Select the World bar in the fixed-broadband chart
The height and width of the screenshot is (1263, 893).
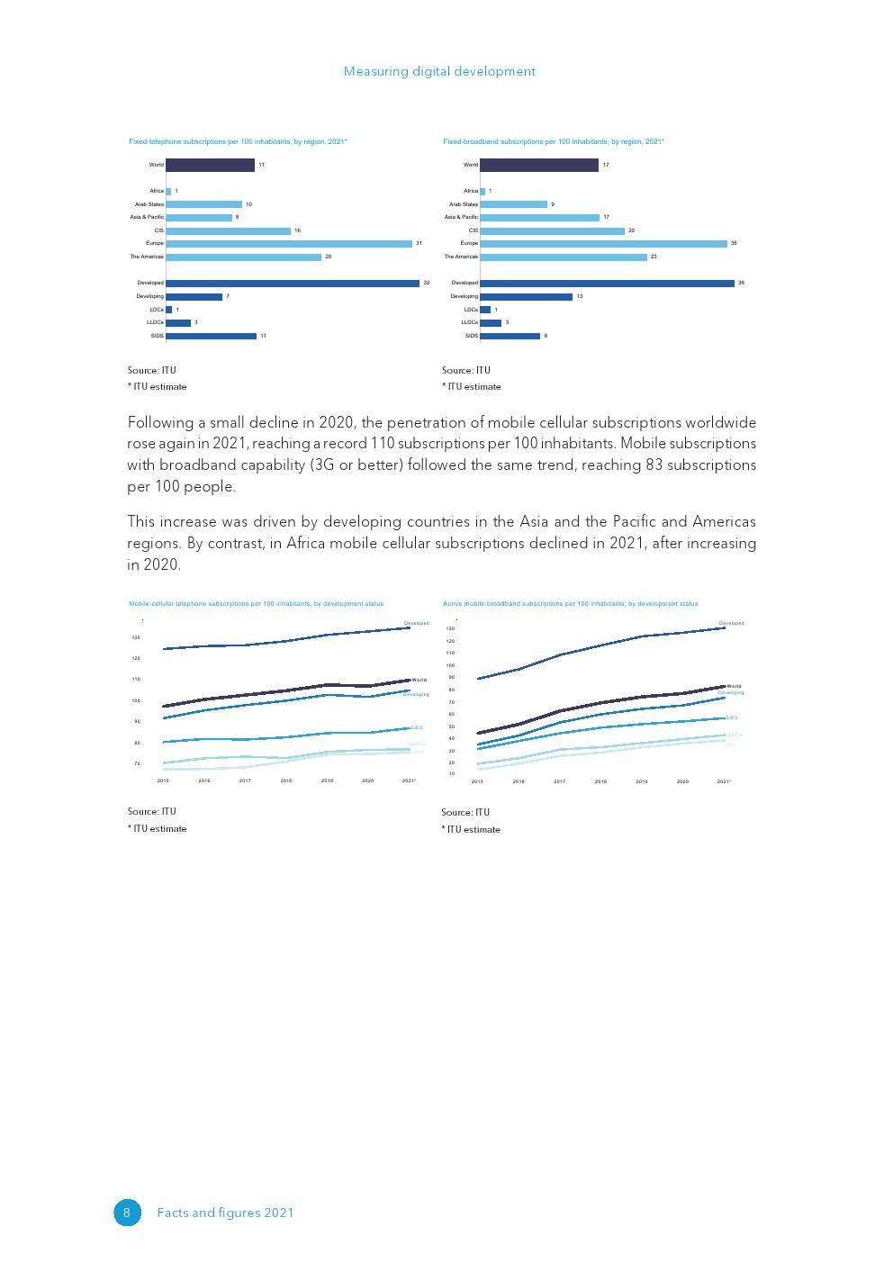click(538, 165)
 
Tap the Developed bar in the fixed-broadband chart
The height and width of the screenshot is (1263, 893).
click(607, 283)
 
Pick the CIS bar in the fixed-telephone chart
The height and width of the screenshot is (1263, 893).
click(228, 230)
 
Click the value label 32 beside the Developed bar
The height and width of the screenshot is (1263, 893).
click(427, 283)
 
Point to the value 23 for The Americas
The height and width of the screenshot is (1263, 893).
click(654, 257)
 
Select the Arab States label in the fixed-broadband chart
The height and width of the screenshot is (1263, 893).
click(464, 204)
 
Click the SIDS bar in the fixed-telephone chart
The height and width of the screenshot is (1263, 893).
click(211, 336)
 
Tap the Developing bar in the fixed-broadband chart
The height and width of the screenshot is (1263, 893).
click(526, 296)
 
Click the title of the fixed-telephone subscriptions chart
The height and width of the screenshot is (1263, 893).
click(238, 141)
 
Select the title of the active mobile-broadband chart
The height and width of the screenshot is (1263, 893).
click(570, 603)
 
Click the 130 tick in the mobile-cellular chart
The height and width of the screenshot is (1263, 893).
click(136, 637)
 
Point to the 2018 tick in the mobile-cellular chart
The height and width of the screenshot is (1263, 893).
click(286, 780)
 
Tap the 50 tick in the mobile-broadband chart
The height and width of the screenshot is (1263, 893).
click(451, 726)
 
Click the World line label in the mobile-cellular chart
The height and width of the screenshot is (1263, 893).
click(419, 680)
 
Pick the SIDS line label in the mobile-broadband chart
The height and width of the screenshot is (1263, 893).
click(732, 717)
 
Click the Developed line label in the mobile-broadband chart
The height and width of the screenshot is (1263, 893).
click(731, 623)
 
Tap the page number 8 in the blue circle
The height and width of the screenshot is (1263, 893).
click(127, 1213)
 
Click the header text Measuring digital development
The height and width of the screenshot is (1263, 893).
click(439, 71)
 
